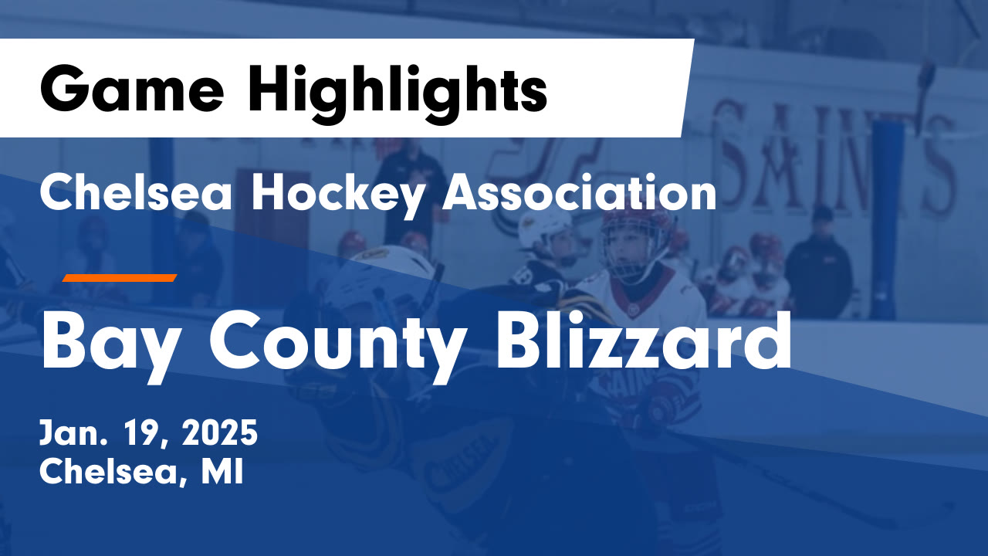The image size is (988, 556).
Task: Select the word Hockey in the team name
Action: (337, 193)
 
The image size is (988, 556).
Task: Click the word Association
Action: (579, 193)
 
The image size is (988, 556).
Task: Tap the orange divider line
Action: (120, 278)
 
